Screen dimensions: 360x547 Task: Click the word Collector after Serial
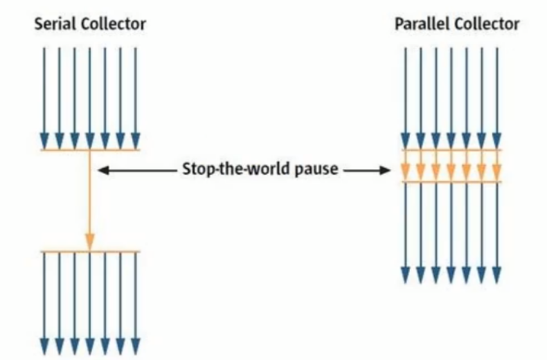[114, 24]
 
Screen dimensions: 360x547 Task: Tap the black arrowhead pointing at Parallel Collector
[385, 170]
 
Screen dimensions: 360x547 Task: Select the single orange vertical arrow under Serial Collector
[90, 199]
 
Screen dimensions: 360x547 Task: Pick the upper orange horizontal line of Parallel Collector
[452, 150]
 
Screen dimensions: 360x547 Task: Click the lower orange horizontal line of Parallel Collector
[452, 183]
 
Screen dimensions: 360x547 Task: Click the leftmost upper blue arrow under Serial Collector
[44, 96]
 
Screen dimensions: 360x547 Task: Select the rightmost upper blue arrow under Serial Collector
[136, 96]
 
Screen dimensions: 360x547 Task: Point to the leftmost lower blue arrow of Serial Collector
[44, 302]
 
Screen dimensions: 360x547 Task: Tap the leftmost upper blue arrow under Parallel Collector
[405, 96]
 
